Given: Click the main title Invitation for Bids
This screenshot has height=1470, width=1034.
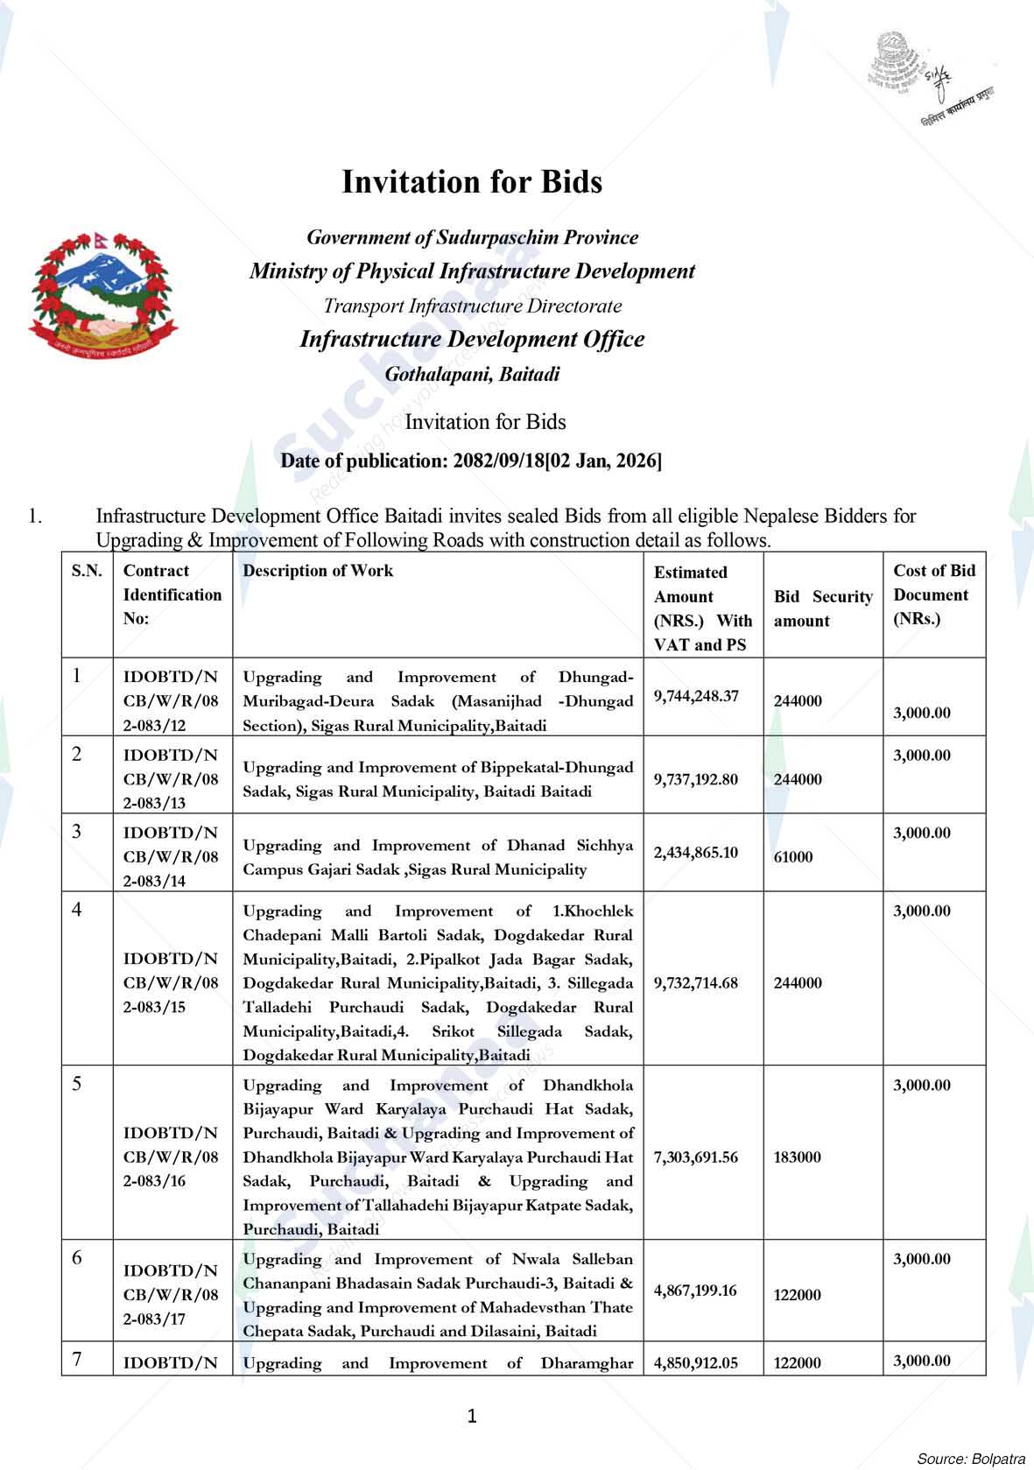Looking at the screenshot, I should [472, 182].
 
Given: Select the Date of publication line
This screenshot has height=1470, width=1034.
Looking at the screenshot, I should [471, 461].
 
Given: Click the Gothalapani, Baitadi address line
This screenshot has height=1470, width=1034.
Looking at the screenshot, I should [472, 375].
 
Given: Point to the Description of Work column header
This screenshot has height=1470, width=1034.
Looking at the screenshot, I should [318, 571].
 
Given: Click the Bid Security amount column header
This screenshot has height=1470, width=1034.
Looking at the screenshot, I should [822, 608].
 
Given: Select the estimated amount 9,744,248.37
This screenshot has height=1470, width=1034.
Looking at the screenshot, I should [696, 696].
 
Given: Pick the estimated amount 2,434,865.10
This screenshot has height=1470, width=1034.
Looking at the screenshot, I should [696, 852].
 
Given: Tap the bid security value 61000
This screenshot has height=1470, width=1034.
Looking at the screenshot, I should [793, 857].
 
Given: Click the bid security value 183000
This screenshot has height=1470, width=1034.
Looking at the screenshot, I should [798, 1157].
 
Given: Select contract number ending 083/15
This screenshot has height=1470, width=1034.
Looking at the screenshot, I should [171, 982].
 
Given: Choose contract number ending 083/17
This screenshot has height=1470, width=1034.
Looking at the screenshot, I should [171, 1294].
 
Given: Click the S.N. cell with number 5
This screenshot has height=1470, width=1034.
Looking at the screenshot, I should [78, 1084].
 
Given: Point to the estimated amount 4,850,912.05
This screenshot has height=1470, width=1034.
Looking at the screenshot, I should [696, 1362].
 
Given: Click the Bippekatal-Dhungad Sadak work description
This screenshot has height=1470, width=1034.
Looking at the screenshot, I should [438, 778].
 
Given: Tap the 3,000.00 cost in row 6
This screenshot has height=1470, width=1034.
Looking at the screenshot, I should [921, 1259].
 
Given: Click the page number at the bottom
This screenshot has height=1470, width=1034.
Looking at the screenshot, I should [472, 1416].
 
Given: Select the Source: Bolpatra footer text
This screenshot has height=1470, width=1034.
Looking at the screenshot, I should [970, 1459].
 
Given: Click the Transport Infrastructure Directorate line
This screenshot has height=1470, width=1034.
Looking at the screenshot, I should [472, 306].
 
